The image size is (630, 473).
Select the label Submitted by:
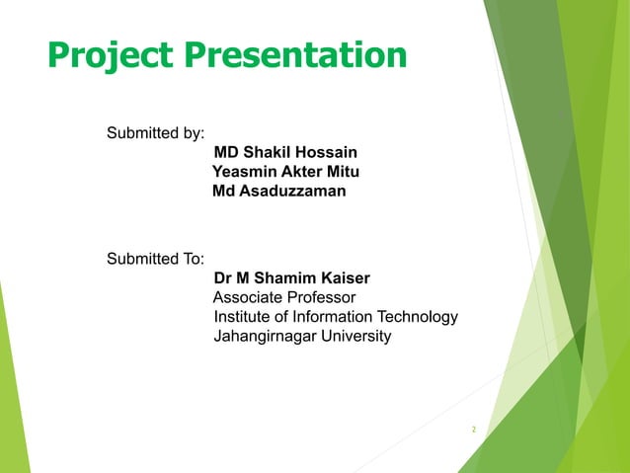(155, 133)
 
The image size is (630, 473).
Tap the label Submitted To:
(155, 260)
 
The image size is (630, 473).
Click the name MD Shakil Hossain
(285, 152)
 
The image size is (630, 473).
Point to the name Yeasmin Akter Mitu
(285, 172)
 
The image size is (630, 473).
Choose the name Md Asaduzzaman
(279, 191)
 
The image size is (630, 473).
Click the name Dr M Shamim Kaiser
(291, 278)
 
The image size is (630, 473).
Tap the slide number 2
(474, 430)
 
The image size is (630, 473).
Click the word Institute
(243, 317)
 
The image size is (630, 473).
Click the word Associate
(248, 297)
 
